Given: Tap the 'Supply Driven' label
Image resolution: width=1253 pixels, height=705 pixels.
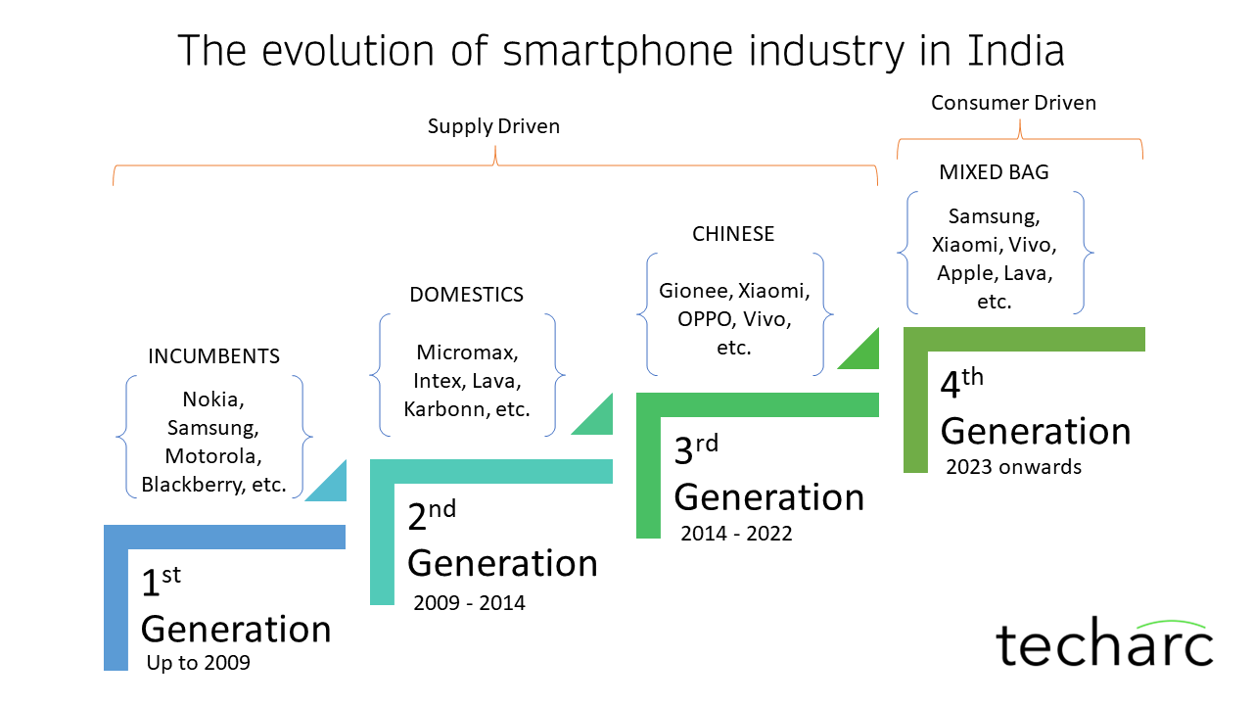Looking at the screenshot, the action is (x=493, y=126).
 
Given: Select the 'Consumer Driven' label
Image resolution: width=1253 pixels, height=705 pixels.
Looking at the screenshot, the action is (x=1013, y=103).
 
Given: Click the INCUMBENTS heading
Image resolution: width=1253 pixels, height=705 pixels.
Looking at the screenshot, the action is (x=213, y=355).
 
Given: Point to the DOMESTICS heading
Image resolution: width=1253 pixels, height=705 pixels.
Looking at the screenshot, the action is (x=466, y=295).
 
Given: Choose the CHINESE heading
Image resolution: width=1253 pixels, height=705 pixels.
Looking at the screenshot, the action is (x=733, y=234).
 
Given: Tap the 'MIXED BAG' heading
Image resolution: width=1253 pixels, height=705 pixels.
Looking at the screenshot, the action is (x=994, y=172).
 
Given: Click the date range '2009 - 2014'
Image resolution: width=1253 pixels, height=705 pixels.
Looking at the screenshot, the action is (x=469, y=603).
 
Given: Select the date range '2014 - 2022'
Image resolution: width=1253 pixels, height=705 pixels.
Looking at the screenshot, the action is (x=736, y=534).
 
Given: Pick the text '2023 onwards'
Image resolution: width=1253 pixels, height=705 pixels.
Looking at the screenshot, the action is (x=1013, y=467).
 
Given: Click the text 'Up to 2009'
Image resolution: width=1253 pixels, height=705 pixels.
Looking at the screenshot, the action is (x=198, y=663).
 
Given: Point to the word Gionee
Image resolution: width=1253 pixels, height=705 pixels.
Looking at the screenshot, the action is (x=694, y=291).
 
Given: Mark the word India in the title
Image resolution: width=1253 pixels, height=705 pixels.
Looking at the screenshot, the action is (x=1015, y=51).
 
